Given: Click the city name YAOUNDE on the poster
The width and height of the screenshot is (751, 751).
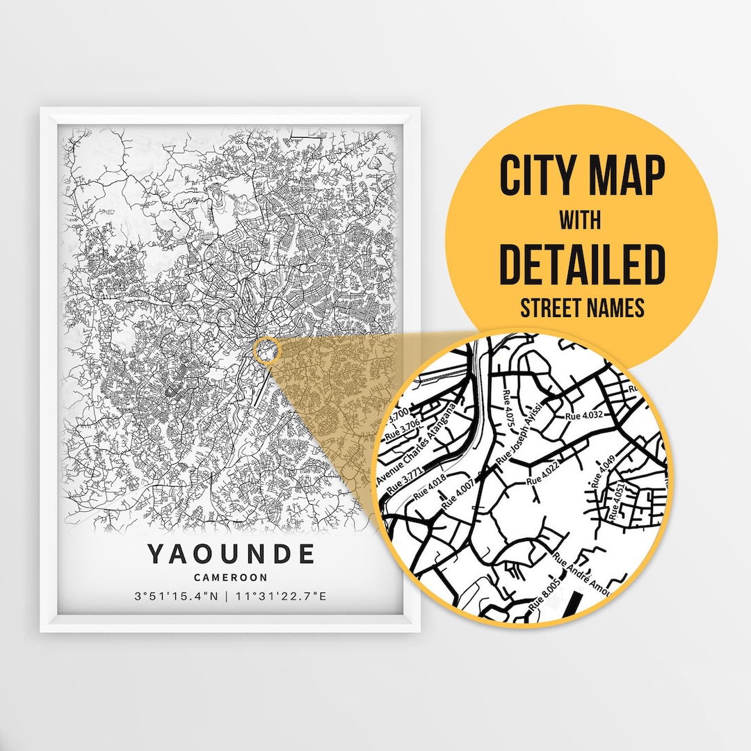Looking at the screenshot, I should (x=231, y=554).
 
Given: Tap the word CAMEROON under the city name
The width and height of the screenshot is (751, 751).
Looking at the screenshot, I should (x=231, y=577).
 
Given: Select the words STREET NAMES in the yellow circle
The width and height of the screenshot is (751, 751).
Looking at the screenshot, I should (x=582, y=308).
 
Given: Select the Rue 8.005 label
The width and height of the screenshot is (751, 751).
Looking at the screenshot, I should (x=544, y=595).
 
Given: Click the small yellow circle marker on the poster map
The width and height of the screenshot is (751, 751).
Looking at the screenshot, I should (x=266, y=350).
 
